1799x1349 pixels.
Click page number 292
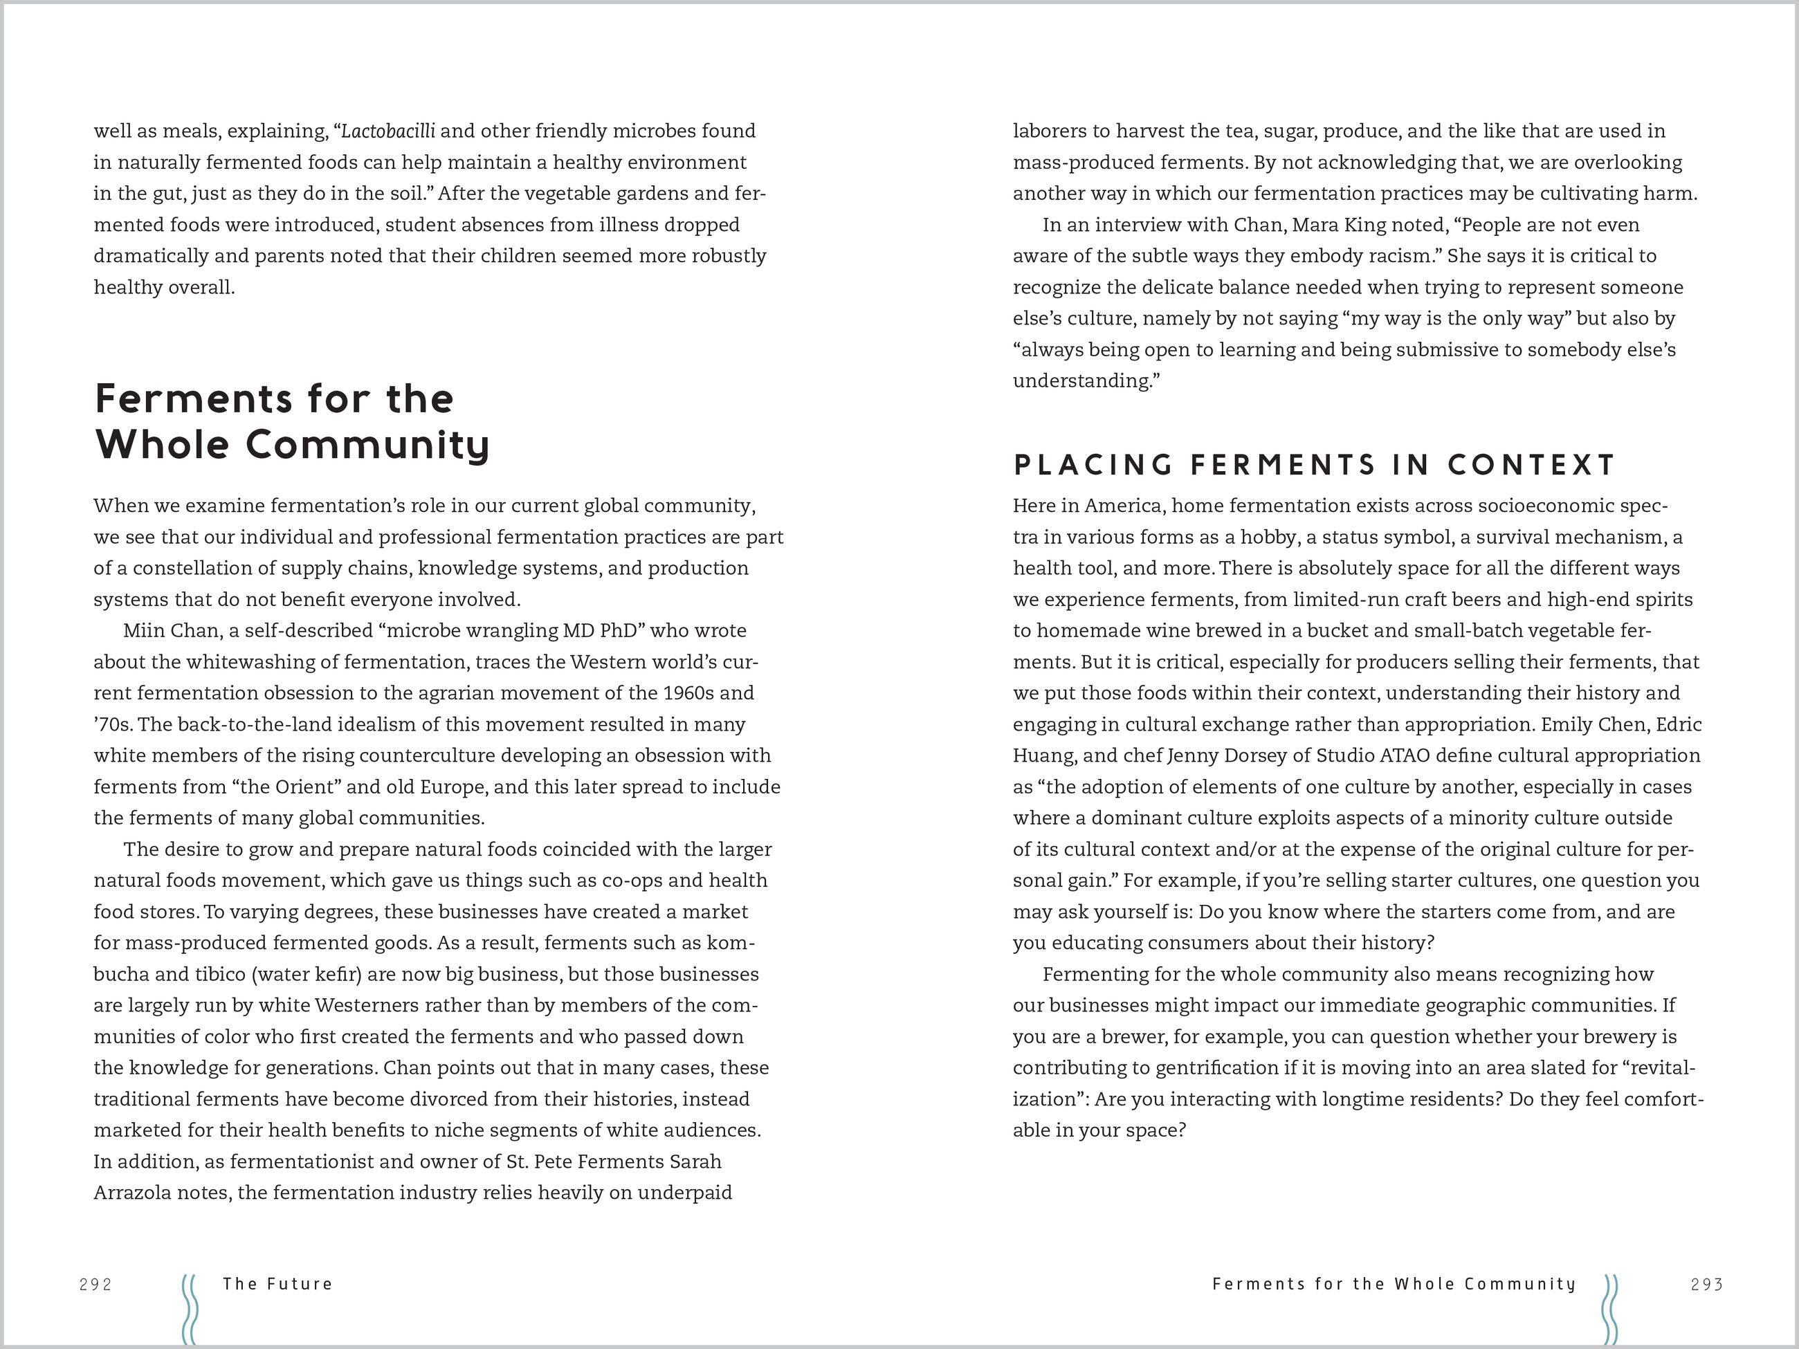coord(95,1284)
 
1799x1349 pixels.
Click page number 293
coord(1706,1284)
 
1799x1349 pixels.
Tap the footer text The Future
coord(277,1283)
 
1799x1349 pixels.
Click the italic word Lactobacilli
coord(388,131)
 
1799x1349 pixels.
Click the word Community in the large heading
coord(367,445)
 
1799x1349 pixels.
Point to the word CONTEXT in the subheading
coord(1531,464)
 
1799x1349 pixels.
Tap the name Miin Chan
coord(171,630)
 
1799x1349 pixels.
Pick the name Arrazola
coord(133,1193)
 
